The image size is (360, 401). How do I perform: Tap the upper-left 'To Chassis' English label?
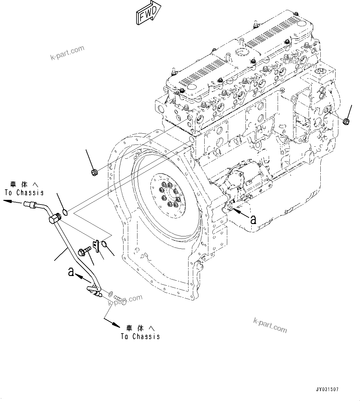point(24,192)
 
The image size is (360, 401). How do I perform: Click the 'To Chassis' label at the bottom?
point(140,336)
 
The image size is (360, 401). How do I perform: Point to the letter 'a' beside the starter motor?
point(253,219)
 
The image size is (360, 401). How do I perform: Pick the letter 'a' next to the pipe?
point(71,272)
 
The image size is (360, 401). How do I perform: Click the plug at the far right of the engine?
point(346,121)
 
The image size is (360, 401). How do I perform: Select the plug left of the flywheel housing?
point(94,172)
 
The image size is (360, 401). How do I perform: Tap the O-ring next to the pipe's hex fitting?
point(65,212)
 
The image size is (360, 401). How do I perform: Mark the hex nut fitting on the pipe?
point(54,219)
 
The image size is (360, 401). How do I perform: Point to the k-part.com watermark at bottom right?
point(270,325)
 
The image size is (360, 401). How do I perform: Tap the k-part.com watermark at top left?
point(67,53)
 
